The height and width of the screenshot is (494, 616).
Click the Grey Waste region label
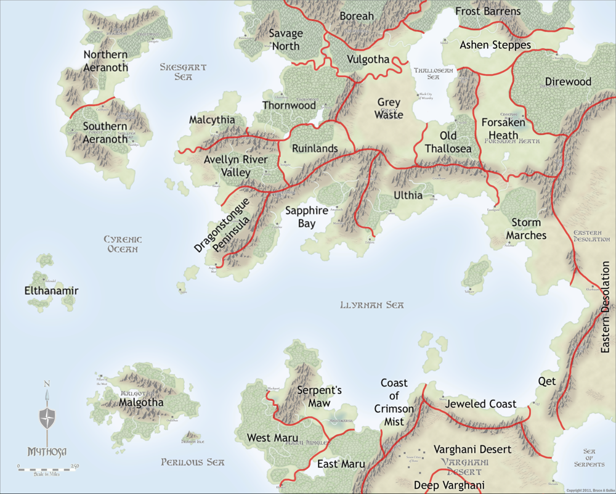click(x=389, y=109)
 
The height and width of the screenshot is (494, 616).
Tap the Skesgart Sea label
click(x=183, y=72)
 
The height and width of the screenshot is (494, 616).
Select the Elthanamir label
click(x=51, y=290)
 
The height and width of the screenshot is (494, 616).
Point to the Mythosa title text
click(x=47, y=451)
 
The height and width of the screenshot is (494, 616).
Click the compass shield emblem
click(x=47, y=418)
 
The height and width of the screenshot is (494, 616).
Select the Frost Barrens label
click(x=488, y=11)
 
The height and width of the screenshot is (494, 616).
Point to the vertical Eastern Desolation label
click(x=606, y=307)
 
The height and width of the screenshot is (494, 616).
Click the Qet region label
click(x=546, y=381)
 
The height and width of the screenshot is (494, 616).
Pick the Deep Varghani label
click(x=448, y=485)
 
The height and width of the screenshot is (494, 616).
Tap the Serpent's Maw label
click(x=319, y=396)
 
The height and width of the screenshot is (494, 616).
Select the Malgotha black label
click(x=142, y=402)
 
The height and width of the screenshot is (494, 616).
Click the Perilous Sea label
click(x=192, y=462)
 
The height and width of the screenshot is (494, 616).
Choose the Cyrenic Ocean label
click(x=123, y=244)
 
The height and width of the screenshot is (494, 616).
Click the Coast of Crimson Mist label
click(x=394, y=402)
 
